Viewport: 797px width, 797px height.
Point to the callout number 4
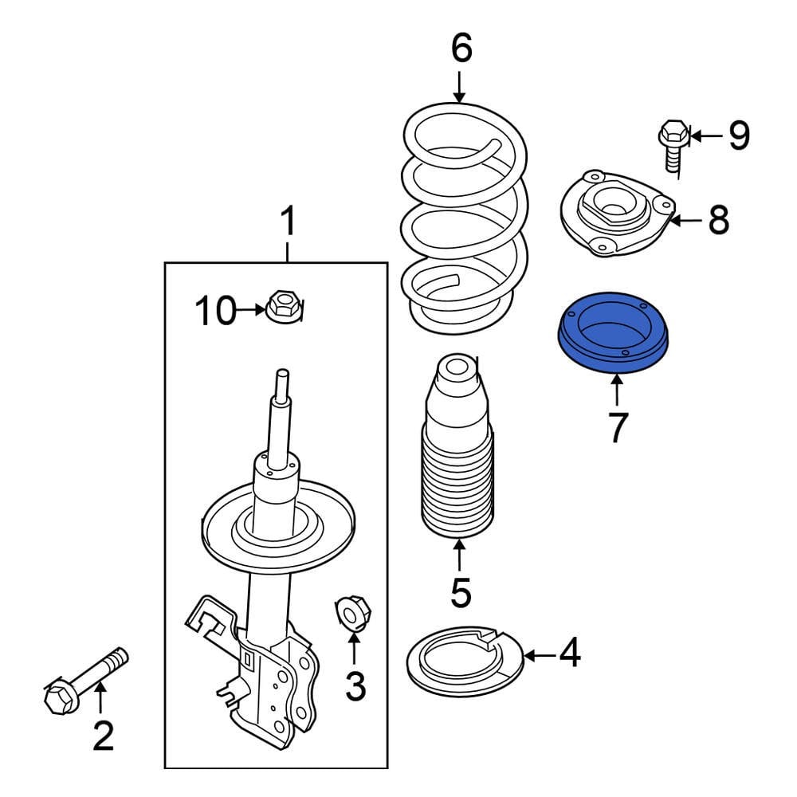569,655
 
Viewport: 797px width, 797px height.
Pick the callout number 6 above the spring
461,49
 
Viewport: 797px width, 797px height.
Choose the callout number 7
618,427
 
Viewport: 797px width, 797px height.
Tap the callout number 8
718,220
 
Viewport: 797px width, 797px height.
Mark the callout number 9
738,136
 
